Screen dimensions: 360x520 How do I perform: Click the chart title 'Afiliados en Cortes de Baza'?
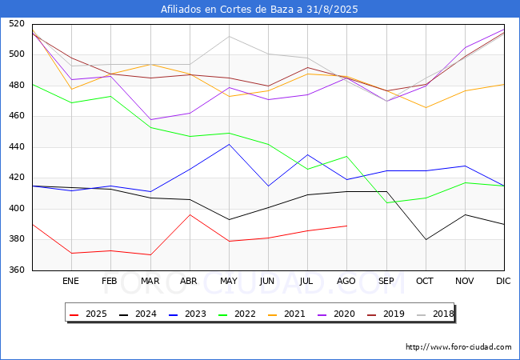259,10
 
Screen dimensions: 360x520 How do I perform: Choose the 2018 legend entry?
435,314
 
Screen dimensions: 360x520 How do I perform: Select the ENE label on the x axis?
71,282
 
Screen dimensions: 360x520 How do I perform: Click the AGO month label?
346,282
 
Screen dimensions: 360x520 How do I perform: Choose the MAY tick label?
229,282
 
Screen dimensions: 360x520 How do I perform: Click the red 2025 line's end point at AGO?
346,226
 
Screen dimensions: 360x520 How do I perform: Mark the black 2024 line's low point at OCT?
426,239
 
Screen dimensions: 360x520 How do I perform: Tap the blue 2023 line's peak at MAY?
229,144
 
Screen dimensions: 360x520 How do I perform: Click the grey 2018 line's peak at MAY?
229,36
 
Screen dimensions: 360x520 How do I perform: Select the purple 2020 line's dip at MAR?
150,120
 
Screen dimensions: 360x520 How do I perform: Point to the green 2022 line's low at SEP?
386,202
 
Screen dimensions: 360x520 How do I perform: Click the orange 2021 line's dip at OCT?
426,107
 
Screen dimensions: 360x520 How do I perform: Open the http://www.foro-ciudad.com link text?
458,347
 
